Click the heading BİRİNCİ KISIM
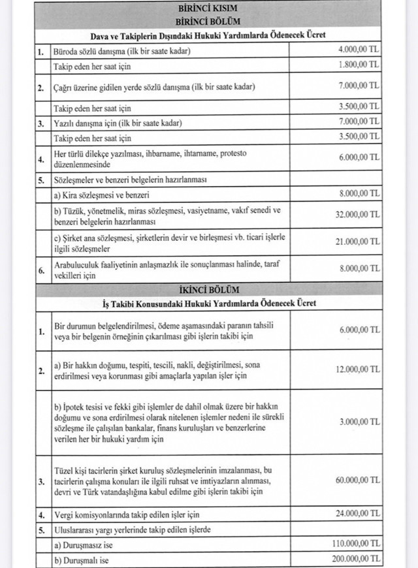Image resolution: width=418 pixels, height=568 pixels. pos(207,8)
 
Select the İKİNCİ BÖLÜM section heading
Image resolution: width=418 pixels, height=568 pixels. pos(207,289)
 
